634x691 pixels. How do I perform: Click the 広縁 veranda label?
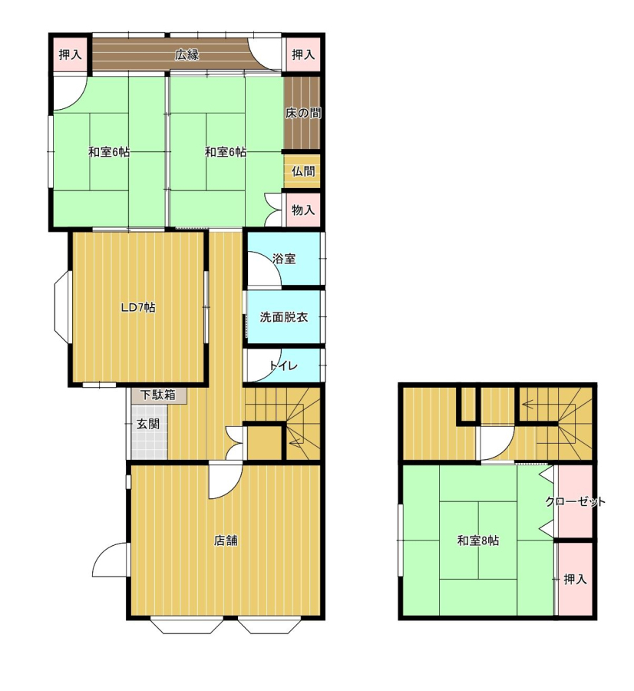click(x=187, y=55)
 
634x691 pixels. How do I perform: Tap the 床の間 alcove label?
click(x=302, y=114)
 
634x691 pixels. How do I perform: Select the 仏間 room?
click(x=302, y=171)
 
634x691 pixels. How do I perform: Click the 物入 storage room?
click(x=302, y=210)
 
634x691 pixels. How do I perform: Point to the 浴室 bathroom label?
click(x=284, y=259)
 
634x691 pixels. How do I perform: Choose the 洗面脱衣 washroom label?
click(x=284, y=317)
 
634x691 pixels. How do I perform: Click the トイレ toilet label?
click(x=284, y=365)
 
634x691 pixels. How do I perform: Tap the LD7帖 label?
click(x=138, y=307)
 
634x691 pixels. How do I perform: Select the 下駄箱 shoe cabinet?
click(x=158, y=395)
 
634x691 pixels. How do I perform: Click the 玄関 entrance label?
click(x=147, y=425)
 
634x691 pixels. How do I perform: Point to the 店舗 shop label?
click(x=226, y=541)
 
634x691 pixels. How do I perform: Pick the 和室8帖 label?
click(x=478, y=541)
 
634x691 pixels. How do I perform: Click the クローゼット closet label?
click(x=575, y=501)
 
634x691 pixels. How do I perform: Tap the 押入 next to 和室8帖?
click(x=576, y=579)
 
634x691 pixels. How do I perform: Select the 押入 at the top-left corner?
click(x=70, y=55)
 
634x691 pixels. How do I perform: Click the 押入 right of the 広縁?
click(x=303, y=55)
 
